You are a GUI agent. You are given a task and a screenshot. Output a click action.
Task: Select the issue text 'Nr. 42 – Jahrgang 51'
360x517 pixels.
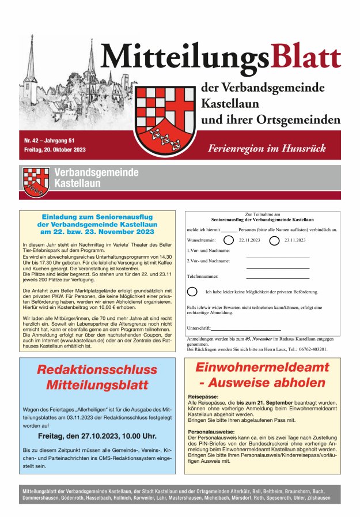click(x=50, y=140)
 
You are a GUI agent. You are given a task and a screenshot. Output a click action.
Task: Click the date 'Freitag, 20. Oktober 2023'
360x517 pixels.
click(x=55, y=150)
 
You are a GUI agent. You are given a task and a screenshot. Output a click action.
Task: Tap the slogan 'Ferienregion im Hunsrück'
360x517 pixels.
click(x=267, y=148)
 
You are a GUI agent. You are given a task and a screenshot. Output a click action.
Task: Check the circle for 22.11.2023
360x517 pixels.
click(x=229, y=240)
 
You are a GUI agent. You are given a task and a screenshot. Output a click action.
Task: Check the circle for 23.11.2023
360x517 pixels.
click(x=274, y=240)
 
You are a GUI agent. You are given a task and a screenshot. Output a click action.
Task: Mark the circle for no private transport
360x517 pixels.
click(x=192, y=292)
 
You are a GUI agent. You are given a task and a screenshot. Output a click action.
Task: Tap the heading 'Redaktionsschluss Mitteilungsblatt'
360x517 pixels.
click(x=97, y=378)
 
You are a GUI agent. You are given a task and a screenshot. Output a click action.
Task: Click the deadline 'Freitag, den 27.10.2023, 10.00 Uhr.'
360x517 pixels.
click(x=97, y=436)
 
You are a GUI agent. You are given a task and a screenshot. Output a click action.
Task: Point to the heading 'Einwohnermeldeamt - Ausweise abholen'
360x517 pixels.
click(x=262, y=375)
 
